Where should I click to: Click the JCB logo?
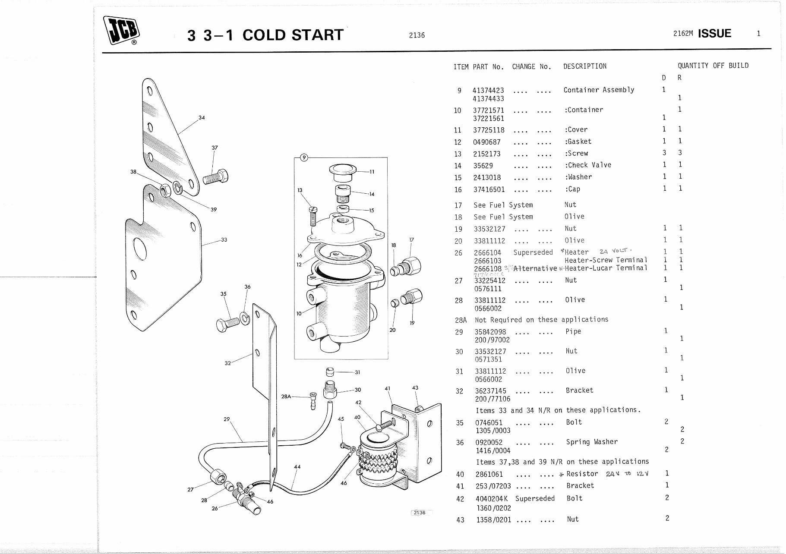[x=121, y=31]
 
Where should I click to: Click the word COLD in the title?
[x=264, y=35]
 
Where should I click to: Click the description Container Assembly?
[x=599, y=90]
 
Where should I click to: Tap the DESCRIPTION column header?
[x=584, y=66]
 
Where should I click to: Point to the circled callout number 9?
[x=304, y=157]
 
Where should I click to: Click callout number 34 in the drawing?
[x=202, y=117]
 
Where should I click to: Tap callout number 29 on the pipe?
[x=227, y=419]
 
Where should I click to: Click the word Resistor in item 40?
[x=582, y=474]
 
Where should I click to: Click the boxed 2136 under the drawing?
[x=419, y=513]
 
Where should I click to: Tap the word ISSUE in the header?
[x=714, y=34]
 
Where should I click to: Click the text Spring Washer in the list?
[x=592, y=442]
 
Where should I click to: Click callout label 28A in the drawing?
[x=286, y=396]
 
